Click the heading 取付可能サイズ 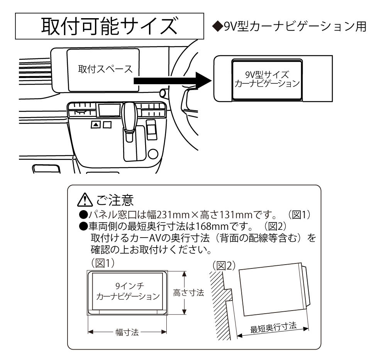tap(109, 26)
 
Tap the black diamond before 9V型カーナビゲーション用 tap(217, 27)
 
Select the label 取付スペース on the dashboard tap(105, 69)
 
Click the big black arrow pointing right tap(172, 81)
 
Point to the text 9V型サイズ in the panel tap(267, 75)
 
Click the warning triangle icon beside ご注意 tap(85, 200)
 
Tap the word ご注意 tap(115, 200)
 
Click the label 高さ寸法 tap(188, 293)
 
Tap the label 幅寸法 tap(127, 332)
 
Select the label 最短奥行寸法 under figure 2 tap(273, 328)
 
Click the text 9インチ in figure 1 tap(130, 286)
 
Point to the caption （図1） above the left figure tap(103, 263)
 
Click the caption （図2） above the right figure tap(224, 266)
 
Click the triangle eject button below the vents tap(96, 125)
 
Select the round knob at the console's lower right tap(153, 154)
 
